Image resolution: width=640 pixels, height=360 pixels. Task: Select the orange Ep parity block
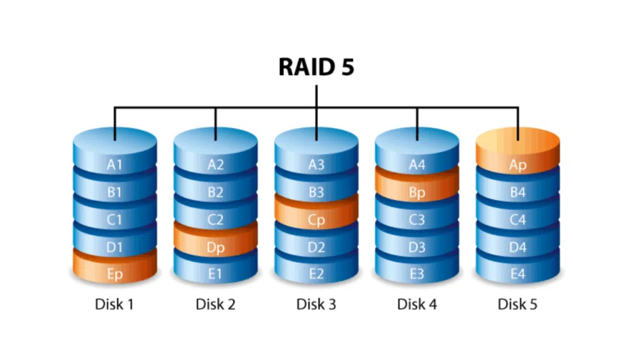(114, 274)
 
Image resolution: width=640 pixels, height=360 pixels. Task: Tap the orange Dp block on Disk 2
(215, 247)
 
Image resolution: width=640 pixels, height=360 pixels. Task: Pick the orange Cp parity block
(316, 220)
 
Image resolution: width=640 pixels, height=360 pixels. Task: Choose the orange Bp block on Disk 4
(417, 192)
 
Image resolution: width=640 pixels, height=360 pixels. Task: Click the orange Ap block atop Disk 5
(517, 165)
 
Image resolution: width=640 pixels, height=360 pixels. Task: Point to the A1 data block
(114, 165)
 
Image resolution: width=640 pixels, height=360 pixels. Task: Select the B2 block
(215, 192)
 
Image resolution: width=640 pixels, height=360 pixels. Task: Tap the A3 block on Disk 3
(316, 165)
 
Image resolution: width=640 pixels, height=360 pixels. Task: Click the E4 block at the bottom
(517, 274)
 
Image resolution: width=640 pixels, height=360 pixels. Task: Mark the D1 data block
(114, 247)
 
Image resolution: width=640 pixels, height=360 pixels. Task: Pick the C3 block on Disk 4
(417, 220)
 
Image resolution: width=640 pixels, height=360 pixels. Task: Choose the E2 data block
(316, 274)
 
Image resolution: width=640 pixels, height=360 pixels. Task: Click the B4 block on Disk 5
(517, 192)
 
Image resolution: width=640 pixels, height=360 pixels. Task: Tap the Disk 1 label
(114, 304)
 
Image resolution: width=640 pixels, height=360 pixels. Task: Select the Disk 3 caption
(316, 304)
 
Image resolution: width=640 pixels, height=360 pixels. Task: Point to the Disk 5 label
(517, 304)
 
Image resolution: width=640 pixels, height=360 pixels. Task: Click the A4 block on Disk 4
(417, 165)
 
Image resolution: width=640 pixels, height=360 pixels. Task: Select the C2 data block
(215, 220)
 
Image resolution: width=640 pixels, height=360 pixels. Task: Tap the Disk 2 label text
(215, 304)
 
